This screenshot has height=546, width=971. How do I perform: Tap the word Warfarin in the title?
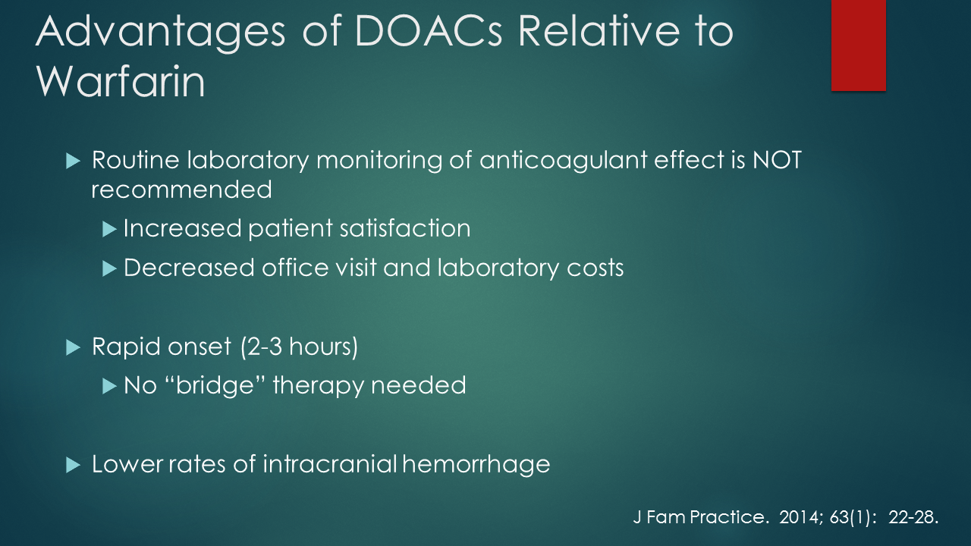click(x=121, y=83)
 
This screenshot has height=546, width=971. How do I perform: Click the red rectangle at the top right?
click(x=858, y=45)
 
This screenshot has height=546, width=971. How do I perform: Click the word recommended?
click(x=181, y=189)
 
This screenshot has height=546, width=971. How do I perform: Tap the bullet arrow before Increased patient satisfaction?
click(x=110, y=228)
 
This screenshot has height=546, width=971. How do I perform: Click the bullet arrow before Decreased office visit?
click(x=110, y=268)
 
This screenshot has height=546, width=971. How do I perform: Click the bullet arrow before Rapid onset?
click(x=73, y=347)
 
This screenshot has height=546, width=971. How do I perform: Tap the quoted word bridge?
click(x=225, y=385)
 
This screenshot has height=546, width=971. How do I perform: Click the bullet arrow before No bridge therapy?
click(x=110, y=386)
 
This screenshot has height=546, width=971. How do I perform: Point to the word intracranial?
click(x=330, y=464)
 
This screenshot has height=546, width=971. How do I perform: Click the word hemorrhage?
click(x=476, y=464)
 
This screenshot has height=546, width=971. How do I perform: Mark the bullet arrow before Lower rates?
click(x=73, y=465)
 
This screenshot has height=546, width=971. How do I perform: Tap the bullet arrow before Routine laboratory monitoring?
click(x=73, y=162)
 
